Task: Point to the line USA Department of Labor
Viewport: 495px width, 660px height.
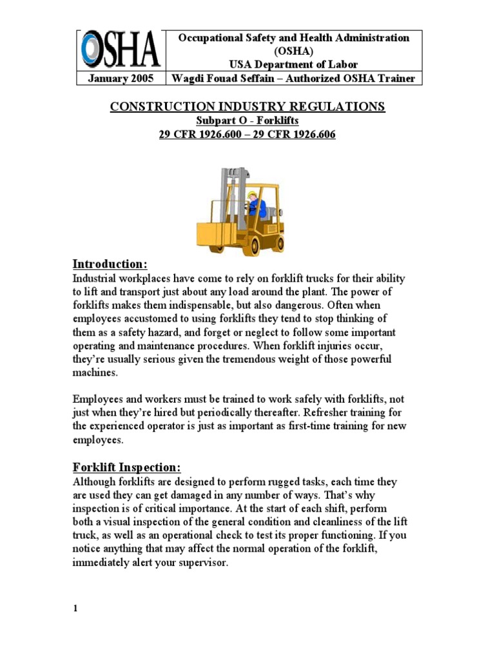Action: [293, 64]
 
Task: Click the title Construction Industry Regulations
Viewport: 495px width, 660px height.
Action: [247, 106]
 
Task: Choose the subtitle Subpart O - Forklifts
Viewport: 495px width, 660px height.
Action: [247, 120]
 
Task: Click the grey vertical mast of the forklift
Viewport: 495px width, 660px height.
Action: [229, 193]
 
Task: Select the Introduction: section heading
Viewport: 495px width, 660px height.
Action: [110, 264]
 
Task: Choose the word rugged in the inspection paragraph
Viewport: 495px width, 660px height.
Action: [304, 482]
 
